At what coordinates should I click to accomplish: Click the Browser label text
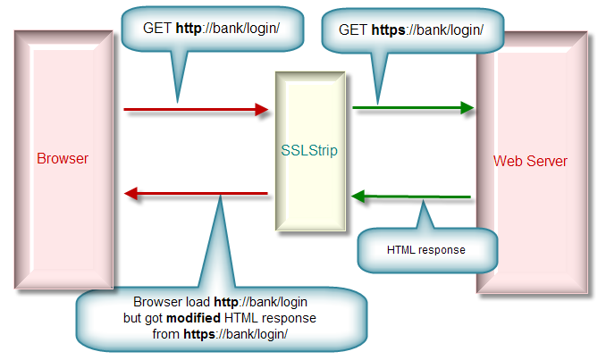click(63, 159)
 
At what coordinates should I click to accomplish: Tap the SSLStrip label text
click(308, 150)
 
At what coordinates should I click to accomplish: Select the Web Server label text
click(530, 162)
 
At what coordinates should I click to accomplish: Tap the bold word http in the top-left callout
click(188, 28)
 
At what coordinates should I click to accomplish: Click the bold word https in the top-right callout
click(387, 29)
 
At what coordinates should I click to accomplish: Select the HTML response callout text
click(426, 250)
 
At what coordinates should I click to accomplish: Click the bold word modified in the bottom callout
click(198, 318)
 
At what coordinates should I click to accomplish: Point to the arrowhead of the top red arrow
click(262, 110)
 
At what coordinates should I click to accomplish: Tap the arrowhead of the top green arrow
click(467, 108)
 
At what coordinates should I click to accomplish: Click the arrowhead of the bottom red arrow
click(130, 193)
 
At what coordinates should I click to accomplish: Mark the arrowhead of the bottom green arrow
click(358, 196)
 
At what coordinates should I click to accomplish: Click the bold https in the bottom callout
click(200, 334)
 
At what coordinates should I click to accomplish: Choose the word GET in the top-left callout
click(156, 28)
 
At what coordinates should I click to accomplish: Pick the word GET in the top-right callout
click(352, 29)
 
